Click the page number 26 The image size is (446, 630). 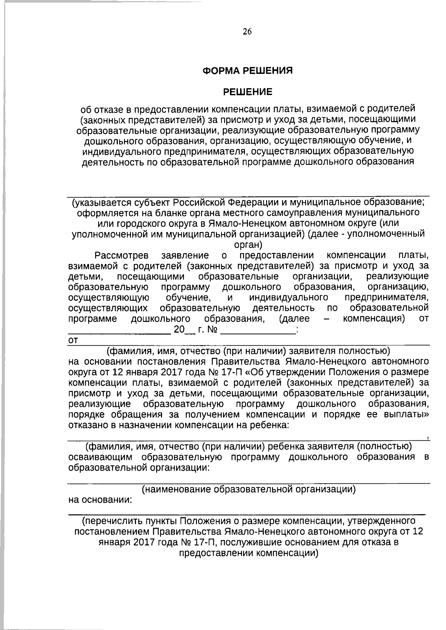pyautogui.click(x=247, y=32)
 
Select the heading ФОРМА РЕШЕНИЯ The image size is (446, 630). pyautogui.click(x=247, y=71)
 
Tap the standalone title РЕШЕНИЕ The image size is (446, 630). pyautogui.click(x=247, y=92)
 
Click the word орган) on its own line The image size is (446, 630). pyautogui.click(x=248, y=245)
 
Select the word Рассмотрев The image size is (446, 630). pyautogui.click(x=122, y=256)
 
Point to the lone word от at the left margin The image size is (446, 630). pyautogui.click(x=73, y=341)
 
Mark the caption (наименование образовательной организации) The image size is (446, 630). pyautogui.click(x=249, y=489)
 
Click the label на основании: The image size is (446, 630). pyautogui.click(x=100, y=500)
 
